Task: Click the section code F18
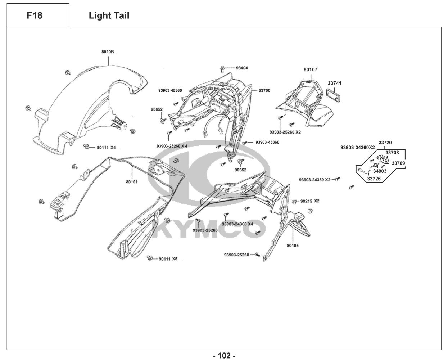(x=35, y=15)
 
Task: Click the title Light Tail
(x=109, y=15)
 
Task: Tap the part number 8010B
(x=108, y=52)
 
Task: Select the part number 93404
(x=242, y=68)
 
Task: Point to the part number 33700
(x=264, y=90)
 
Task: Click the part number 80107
(x=310, y=70)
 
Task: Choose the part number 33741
(x=335, y=83)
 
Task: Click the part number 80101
(x=131, y=182)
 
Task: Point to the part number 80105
(x=292, y=246)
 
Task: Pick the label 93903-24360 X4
(x=237, y=224)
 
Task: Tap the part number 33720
(x=385, y=143)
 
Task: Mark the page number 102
(x=224, y=356)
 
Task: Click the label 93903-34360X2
(x=357, y=147)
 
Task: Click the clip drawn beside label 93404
(x=223, y=67)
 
